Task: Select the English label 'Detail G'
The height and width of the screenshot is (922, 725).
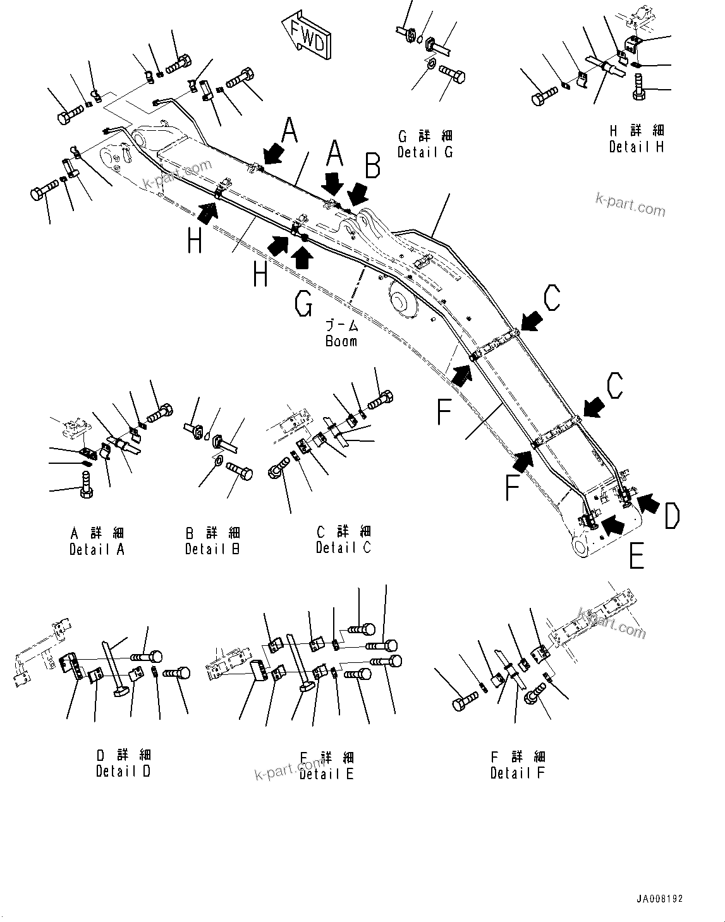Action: [x=425, y=152]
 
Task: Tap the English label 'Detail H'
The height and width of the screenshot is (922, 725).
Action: [x=637, y=147]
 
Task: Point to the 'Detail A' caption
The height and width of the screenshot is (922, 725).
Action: [x=97, y=549]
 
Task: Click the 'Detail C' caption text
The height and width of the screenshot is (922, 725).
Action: [x=343, y=547]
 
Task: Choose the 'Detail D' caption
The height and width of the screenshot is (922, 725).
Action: [x=123, y=771]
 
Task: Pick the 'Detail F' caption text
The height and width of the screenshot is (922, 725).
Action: [x=518, y=772]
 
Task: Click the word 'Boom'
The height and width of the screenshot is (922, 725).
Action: [x=341, y=341]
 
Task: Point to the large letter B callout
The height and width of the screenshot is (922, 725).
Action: [x=372, y=167]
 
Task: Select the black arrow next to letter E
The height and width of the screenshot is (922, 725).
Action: [x=612, y=524]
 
